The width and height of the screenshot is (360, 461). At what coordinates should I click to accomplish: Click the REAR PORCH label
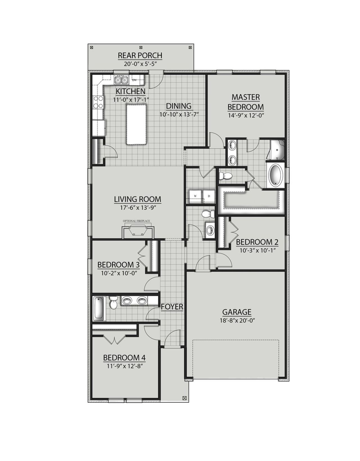pos(140,55)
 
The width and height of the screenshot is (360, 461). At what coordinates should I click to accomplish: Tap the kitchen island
pos(136,124)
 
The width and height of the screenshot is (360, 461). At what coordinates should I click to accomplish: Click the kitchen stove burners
pos(98,102)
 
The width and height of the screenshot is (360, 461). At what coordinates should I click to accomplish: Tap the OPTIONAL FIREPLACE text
pos(136,221)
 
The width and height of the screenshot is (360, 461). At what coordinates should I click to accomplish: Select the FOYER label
pos(172,307)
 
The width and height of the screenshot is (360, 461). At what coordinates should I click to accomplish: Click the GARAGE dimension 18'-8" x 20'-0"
pos(237,320)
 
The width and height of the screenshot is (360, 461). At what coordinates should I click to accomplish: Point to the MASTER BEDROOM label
pos(246,102)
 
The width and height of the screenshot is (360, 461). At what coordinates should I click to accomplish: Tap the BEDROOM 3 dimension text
pos(119,273)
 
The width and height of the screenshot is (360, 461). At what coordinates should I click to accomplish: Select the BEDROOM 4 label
pos(124,358)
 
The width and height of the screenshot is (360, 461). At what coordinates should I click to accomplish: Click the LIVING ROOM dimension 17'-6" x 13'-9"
pos(138,207)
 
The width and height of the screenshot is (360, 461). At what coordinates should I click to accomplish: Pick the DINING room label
pos(179,106)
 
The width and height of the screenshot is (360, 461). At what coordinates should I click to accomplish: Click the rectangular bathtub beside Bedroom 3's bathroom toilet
pos(98,308)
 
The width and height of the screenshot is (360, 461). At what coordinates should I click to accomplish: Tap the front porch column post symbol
pos(184,398)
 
